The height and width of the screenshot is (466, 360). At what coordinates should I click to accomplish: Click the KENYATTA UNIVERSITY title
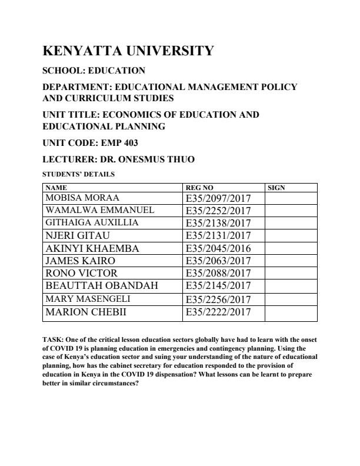point(128,51)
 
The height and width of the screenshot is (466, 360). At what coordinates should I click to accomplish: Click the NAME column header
point(56,188)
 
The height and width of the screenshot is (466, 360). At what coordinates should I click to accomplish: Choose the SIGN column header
point(276,188)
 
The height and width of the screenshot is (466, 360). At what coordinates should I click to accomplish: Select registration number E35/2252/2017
point(218,210)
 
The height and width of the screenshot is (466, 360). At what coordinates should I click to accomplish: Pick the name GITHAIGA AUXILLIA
point(92,222)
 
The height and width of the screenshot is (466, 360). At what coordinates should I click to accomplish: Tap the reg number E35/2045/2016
point(218,248)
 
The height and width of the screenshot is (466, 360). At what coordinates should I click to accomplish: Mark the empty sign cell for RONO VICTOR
point(291,274)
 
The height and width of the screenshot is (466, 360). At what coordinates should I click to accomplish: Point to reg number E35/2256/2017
point(218,299)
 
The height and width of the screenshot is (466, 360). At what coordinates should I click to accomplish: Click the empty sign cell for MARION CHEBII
point(291,312)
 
